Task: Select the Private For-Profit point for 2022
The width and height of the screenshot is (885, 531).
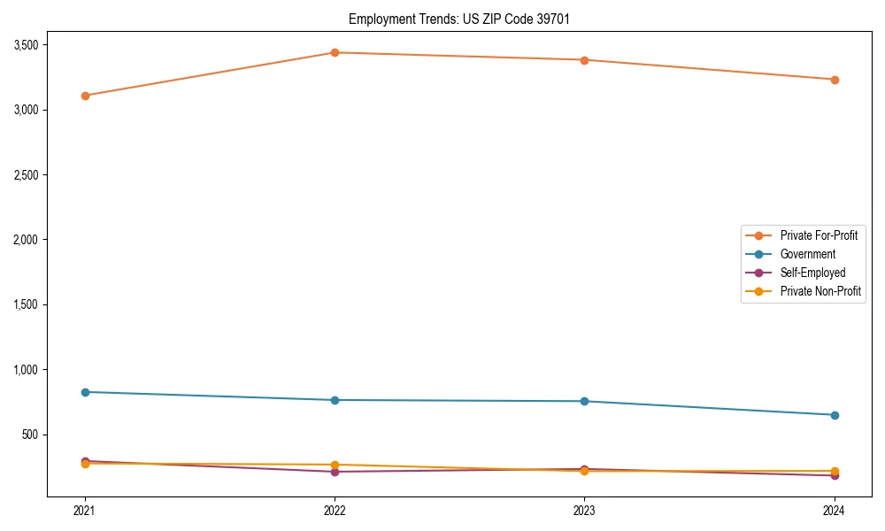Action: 335,52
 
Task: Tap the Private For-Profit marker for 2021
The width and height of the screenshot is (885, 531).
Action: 85,96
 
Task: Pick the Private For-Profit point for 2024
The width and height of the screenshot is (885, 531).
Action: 835,80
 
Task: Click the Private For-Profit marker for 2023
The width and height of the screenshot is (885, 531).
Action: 584,60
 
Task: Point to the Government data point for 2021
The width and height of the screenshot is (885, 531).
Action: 85,392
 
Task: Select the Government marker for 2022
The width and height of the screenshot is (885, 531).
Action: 335,400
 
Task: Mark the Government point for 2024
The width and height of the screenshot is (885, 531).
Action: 835,415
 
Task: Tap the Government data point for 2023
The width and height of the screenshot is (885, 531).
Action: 584,402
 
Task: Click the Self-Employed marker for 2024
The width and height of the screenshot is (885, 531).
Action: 835,476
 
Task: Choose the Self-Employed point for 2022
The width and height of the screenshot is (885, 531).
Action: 335,472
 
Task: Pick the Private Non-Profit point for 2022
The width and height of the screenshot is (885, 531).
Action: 335,465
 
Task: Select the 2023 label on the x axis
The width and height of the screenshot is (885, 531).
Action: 584,510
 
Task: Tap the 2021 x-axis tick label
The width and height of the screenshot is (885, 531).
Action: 85,510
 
